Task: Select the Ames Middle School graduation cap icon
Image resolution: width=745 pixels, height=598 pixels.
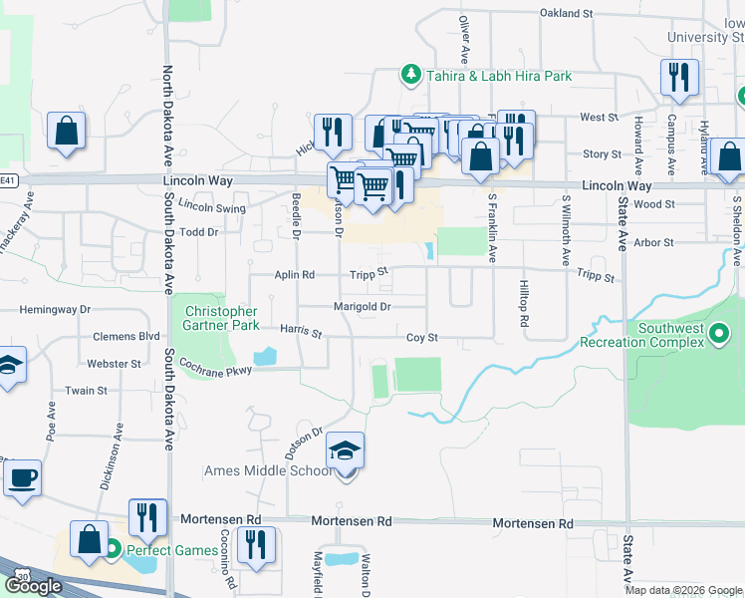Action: (346, 452)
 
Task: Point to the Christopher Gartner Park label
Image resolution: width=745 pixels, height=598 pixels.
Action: (221, 318)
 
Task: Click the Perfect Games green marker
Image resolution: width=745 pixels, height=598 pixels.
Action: (114, 549)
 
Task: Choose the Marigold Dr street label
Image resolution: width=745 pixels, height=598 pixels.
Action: (362, 307)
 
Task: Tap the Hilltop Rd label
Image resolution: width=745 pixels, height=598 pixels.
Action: (522, 305)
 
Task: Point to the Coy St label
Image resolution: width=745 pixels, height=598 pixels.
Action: (421, 339)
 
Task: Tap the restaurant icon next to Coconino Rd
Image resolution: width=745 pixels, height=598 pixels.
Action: (258, 545)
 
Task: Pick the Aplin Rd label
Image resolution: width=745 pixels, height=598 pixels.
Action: (295, 274)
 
